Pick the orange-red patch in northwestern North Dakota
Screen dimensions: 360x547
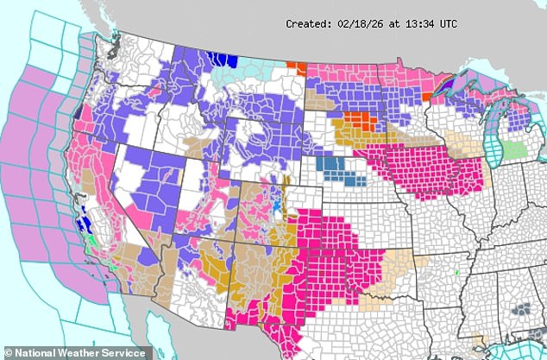297,66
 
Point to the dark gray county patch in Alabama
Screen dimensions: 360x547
521,306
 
